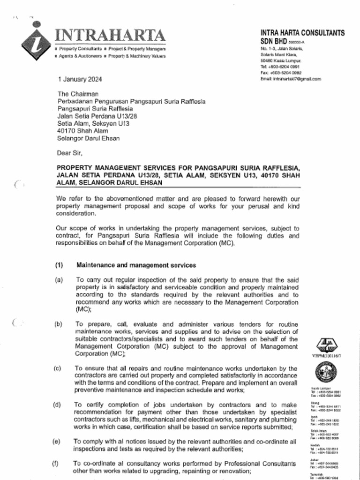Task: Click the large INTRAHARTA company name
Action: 110,36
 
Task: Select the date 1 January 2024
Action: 79,79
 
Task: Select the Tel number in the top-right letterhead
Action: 281,67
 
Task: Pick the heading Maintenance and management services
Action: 136,265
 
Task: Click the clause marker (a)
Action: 59,279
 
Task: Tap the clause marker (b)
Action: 59,324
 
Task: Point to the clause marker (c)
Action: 58,368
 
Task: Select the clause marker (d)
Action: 57,405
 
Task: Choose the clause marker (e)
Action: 56,442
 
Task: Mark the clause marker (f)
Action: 55,464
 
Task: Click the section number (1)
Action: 59,265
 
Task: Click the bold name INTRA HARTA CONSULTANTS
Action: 302,33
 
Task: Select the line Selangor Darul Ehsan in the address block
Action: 88,138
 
